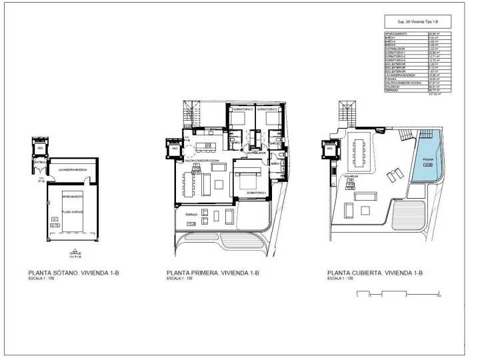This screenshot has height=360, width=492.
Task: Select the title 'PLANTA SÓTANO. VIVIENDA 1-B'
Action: tap(73, 273)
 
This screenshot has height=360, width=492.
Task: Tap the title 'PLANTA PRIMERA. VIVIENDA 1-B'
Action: tap(212, 273)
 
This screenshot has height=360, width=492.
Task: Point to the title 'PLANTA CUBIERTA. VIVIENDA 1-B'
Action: tap(375, 273)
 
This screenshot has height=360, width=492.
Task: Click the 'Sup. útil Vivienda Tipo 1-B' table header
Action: tap(417, 21)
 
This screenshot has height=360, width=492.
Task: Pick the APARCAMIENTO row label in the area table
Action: tap(397, 33)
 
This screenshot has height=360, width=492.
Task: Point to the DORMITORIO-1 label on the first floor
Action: tap(256, 193)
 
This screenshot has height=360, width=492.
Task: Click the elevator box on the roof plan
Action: tap(330, 149)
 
